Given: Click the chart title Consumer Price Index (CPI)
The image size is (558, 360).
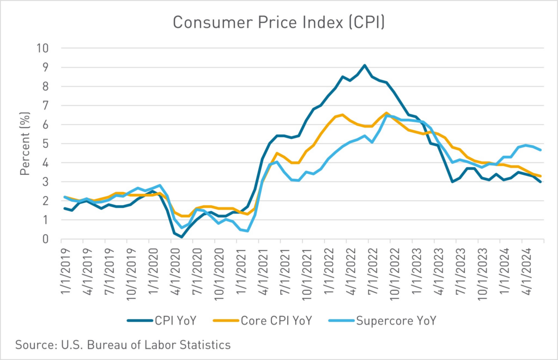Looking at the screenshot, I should click(278, 22).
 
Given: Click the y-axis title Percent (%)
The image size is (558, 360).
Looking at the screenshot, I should click(25, 143).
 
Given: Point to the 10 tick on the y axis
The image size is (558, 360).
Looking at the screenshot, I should click(42, 48).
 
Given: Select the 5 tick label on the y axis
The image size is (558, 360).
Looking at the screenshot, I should click(45, 144).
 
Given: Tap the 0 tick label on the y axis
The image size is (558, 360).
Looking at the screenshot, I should click(45, 239).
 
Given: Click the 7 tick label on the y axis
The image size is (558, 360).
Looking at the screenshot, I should click(45, 106).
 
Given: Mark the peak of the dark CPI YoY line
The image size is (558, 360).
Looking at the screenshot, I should click(365, 65).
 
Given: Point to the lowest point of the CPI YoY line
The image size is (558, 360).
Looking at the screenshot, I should click(181, 237).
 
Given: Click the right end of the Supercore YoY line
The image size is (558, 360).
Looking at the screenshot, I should click(540, 150).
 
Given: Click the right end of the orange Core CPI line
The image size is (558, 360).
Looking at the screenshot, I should click(540, 176).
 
